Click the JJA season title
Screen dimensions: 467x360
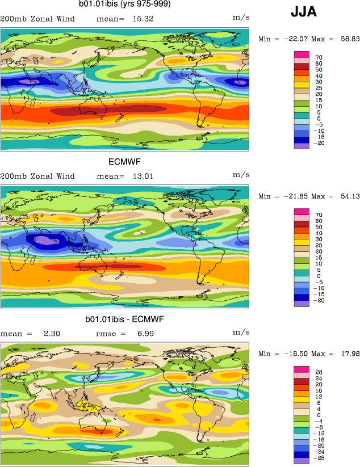pyautogui.click(x=304, y=12)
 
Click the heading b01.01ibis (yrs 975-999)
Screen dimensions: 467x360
pyautogui.click(x=124, y=5)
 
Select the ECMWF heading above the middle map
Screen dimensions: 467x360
pyautogui.click(x=124, y=162)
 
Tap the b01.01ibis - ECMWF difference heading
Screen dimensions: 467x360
pyautogui.click(x=124, y=319)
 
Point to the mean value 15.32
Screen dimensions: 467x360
pyautogui.click(x=141, y=19)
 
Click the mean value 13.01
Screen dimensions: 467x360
pyautogui.click(x=141, y=176)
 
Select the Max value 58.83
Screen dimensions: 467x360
pyautogui.click(x=347, y=39)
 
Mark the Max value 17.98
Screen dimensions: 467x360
pyautogui.click(x=347, y=354)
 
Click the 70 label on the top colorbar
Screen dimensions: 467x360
pyautogui.click(x=319, y=57)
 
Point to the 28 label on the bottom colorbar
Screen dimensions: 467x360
pyautogui.click(x=319, y=373)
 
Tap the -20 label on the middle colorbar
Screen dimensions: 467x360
pyautogui.click(x=320, y=300)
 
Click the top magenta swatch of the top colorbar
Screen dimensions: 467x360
pyautogui.click(x=301, y=54)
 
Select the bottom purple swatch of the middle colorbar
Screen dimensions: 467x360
pyautogui.click(x=301, y=304)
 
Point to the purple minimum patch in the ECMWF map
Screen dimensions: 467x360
pyautogui.click(x=43, y=241)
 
